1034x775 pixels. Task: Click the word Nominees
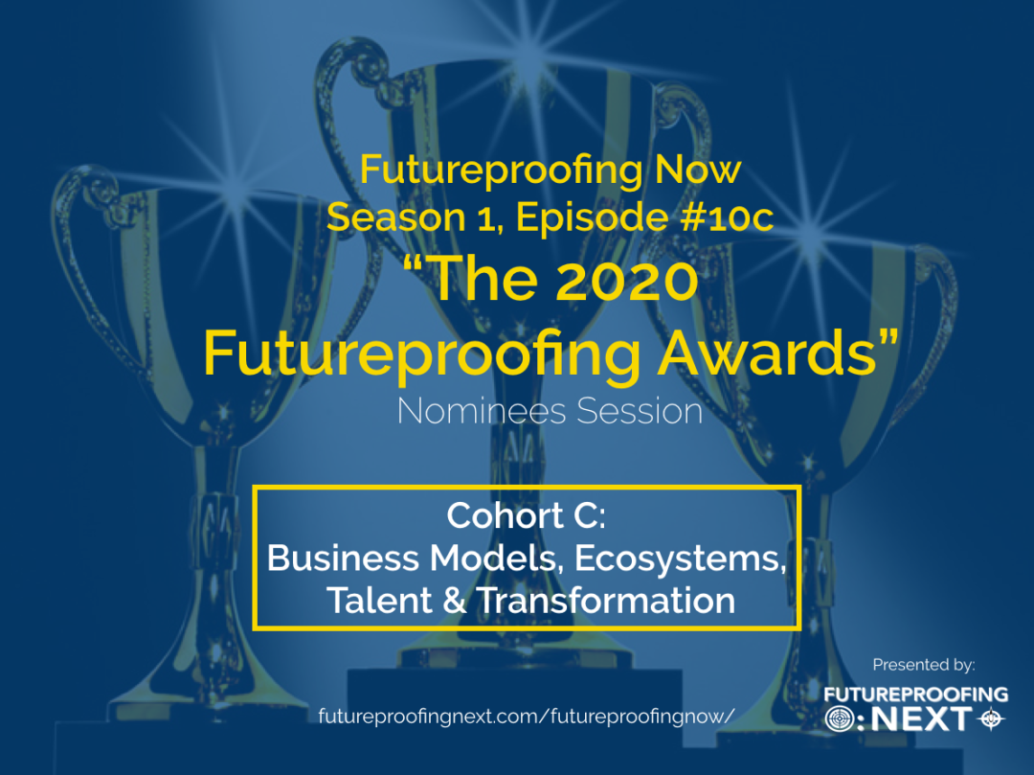pos(482,411)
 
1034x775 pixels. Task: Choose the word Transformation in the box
pos(606,601)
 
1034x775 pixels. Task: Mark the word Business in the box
pos(343,558)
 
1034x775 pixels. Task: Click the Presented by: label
pos(923,664)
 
